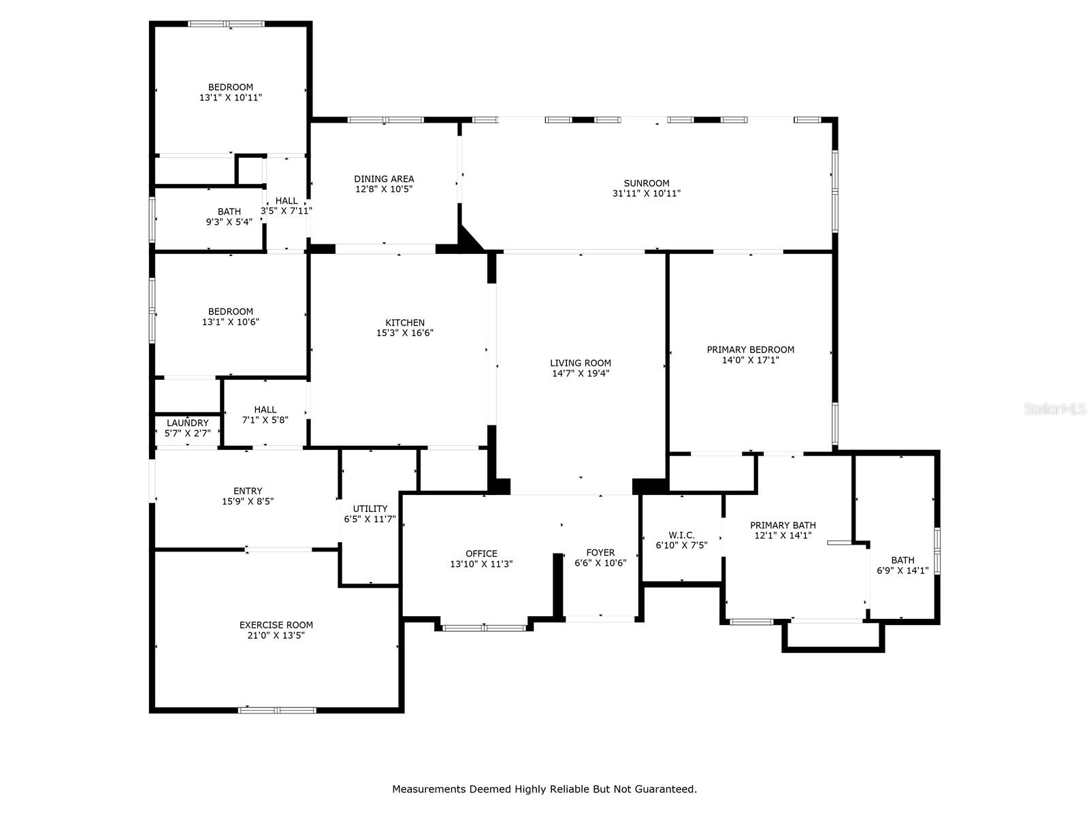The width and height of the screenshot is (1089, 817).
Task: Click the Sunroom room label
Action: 647,183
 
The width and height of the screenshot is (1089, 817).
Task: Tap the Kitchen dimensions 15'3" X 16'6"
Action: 405,334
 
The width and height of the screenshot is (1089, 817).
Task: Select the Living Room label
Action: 581,363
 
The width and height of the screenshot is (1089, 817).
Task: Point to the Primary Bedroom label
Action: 750,350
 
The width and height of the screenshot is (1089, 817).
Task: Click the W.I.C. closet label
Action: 681,535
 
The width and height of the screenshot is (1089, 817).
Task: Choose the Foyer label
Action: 600,553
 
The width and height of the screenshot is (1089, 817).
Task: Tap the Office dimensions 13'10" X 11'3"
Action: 481,564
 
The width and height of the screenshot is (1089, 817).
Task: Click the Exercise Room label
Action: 276,625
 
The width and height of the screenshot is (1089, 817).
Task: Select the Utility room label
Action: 370,509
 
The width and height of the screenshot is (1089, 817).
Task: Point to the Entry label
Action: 248,491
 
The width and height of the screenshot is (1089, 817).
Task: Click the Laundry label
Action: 188,423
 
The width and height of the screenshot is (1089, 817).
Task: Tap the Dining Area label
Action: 384,179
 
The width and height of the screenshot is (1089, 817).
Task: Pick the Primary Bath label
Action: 783,525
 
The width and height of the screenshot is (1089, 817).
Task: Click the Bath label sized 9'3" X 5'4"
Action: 229,212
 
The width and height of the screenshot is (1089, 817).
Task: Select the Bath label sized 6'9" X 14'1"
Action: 903,560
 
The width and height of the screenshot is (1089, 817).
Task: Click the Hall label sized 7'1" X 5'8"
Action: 265,409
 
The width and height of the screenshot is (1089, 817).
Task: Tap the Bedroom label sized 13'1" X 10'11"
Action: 231,87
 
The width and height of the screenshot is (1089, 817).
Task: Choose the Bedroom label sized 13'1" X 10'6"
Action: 231,312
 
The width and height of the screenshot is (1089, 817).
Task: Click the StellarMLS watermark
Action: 1056,409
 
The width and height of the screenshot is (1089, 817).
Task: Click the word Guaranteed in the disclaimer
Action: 666,789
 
